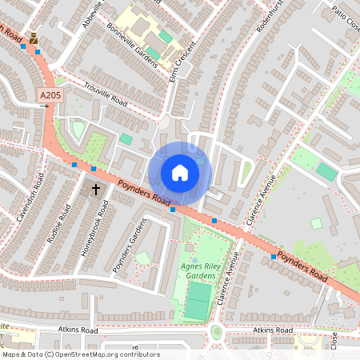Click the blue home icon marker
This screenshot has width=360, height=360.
179,172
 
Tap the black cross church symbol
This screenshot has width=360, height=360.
96,190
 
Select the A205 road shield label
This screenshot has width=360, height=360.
50,96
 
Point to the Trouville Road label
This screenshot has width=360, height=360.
104,93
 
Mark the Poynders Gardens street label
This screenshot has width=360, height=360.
128,244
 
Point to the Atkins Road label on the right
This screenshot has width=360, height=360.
273,330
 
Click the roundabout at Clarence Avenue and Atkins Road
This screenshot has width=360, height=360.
216,330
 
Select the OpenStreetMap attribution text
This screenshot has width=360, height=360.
80,354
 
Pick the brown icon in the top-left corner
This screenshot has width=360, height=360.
33,38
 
